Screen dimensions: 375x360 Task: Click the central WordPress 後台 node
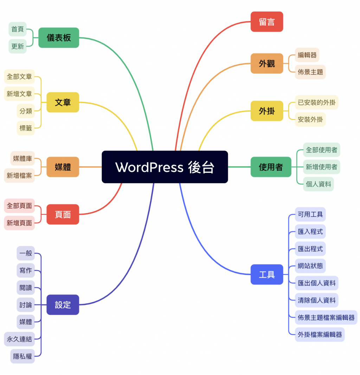click(x=165, y=167)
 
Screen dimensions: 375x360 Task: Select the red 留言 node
click(x=267, y=22)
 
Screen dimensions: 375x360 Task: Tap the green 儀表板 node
click(x=59, y=38)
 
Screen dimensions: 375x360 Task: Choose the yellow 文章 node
click(x=63, y=102)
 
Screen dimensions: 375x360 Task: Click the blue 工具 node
click(x=267, y=274)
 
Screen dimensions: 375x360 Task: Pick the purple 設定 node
click(x=63, y=305)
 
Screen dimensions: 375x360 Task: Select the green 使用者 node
click(x=271, y=167)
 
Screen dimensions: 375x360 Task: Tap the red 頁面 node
click(x=63, y=214)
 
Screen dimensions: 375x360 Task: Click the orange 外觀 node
click(x=267, y=64)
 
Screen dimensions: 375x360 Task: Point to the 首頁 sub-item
click(x=18, y=29)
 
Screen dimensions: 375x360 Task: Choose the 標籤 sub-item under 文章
click(x=26, y=128)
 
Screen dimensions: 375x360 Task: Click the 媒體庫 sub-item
click(x=22, y=158)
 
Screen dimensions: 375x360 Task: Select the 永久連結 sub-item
click(x=19, y=339)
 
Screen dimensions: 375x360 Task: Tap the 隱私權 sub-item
click(x=22, y=356)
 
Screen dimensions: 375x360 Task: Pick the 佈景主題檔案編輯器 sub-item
click(x=326, y=317)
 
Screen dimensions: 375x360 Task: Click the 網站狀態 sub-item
click(x=310, y=266)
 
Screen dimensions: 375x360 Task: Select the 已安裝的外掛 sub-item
click(x=316, y=102)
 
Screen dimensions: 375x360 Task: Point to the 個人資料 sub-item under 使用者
click(x=318, y=184)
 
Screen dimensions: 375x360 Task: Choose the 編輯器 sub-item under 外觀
click(x=307, y=55)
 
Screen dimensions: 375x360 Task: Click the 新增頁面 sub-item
click(x=19, y=223)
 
